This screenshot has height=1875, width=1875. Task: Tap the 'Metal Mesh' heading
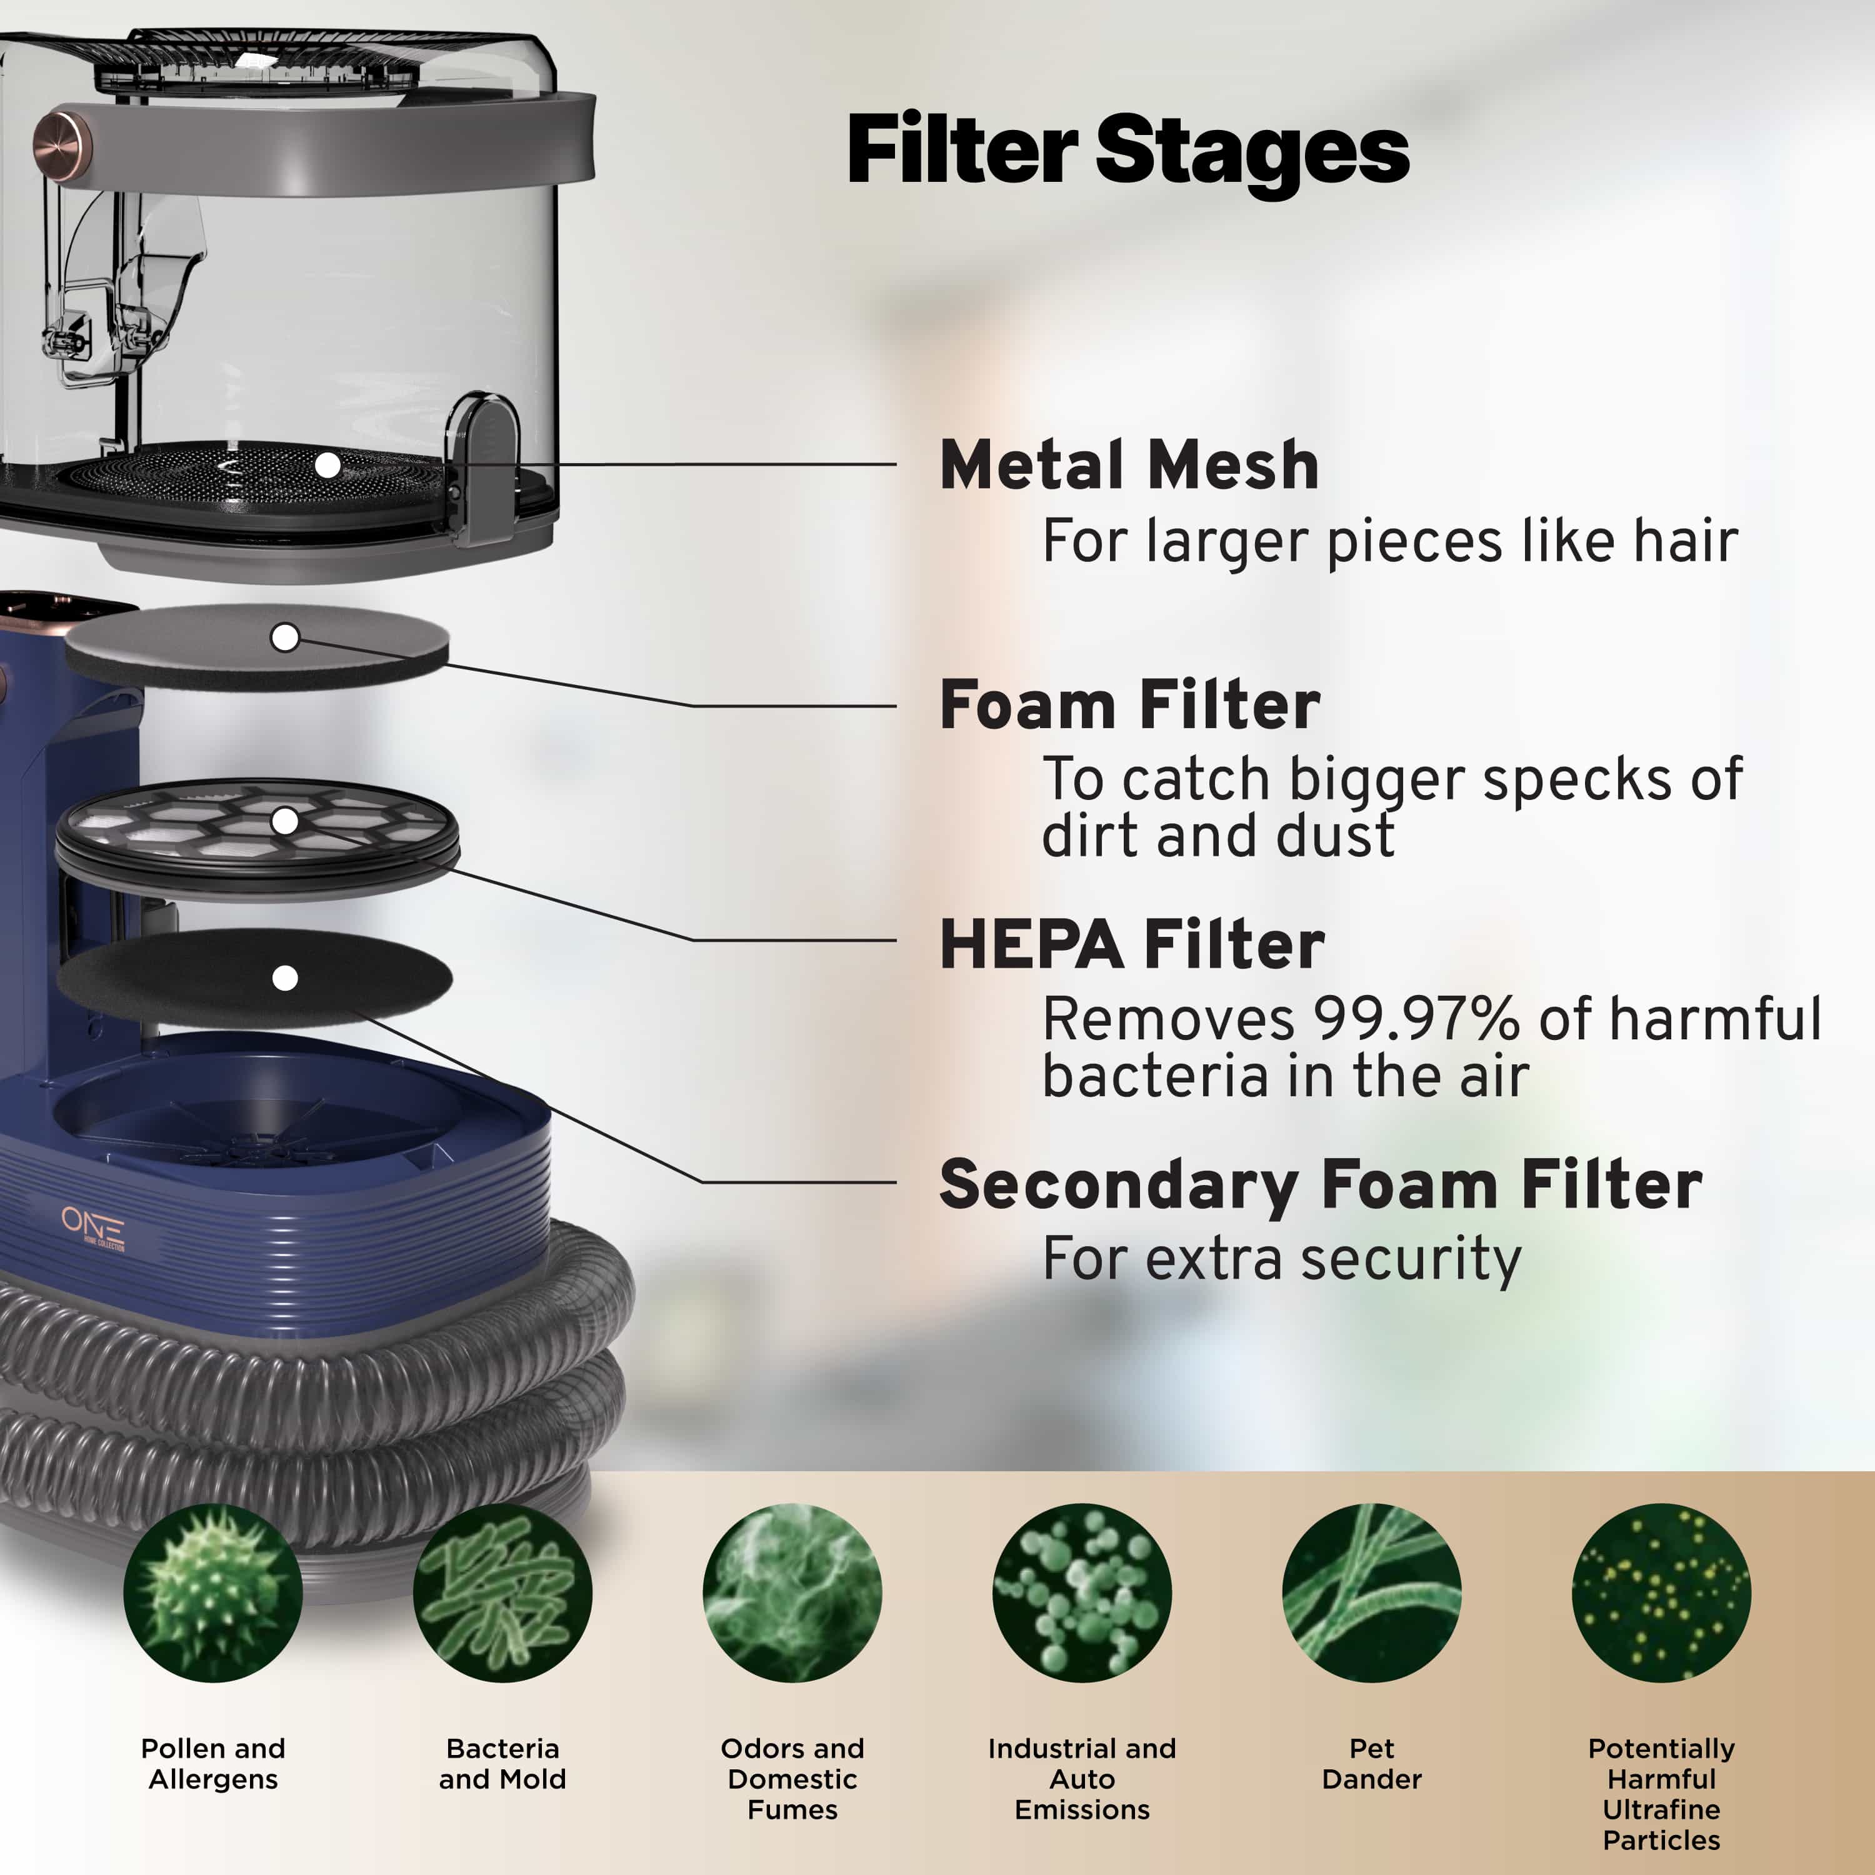[x=1129, y=465]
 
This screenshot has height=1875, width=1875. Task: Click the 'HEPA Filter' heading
[x=1132, y=944]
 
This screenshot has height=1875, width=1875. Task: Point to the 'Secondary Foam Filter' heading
[x=1321, y=1186]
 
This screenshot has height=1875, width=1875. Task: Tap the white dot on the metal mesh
[x=328, y=466]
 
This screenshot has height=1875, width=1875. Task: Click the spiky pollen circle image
[x=212, y=1592]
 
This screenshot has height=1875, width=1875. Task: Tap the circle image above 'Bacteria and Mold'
[x=502, y=1592]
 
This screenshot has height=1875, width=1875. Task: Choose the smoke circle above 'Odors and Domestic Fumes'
[x=792, y=1592]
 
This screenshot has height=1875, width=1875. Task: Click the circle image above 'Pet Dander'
[x=1371, y=1592]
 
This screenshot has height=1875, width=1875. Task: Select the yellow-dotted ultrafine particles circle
[x=1661, y=1592]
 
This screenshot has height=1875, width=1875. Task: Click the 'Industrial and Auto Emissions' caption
[x=1082, y=1779]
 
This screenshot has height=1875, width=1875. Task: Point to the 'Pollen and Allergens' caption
[x=212, y=1763]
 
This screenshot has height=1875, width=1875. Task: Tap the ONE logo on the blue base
[x=93, y=1227]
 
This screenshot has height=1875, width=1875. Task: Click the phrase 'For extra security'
[x=1281, y=1260]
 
